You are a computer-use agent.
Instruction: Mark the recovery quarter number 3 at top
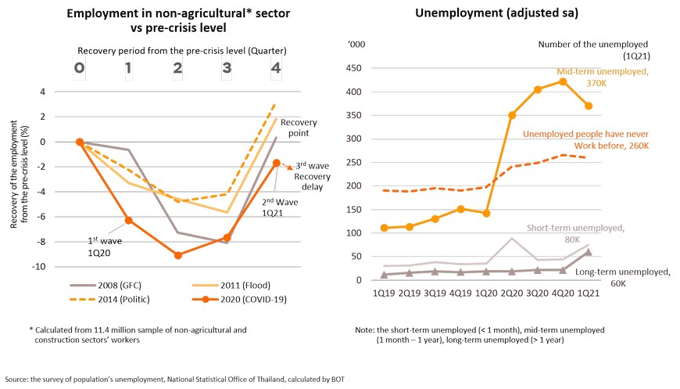227,68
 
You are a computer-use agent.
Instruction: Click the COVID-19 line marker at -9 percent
179,255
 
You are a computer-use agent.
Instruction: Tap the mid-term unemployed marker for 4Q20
562,81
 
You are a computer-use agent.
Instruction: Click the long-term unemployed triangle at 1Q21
587,252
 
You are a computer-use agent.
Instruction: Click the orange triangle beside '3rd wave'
289,167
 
